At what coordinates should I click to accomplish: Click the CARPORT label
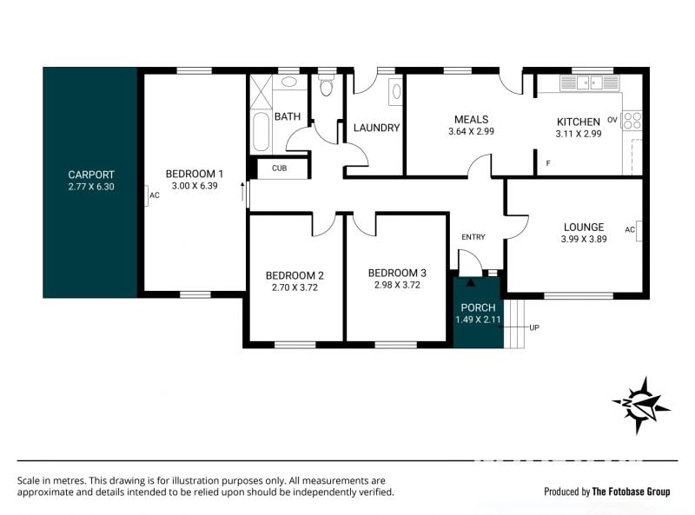click(91, 175)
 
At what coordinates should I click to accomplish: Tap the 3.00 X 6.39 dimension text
click(195, 186)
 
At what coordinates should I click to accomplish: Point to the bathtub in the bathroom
click(261, 131)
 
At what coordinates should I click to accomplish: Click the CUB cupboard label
click(279, 168)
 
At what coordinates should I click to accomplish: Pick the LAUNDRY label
click(377, 128)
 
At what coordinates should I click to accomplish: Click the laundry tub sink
click(396, 92)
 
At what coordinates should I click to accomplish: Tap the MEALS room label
click(471, 119)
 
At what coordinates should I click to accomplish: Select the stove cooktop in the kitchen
click(632, 120)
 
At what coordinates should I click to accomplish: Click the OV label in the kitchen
click(612, 120)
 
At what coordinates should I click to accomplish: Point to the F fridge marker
click(548, 163)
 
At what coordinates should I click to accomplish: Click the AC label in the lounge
click(629, 229)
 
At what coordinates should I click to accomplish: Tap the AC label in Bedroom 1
click(155, 195)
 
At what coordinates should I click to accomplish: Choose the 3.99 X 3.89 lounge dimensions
click(584, 239)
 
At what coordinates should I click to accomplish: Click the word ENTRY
click(473, 237)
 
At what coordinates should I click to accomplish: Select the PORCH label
click(479, 307)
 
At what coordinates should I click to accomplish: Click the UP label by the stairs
click(534, 327)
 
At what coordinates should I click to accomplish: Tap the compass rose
click(640, 405)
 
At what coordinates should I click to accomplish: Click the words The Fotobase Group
click(632, 492)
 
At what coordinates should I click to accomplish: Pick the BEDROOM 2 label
click(295, 275)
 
